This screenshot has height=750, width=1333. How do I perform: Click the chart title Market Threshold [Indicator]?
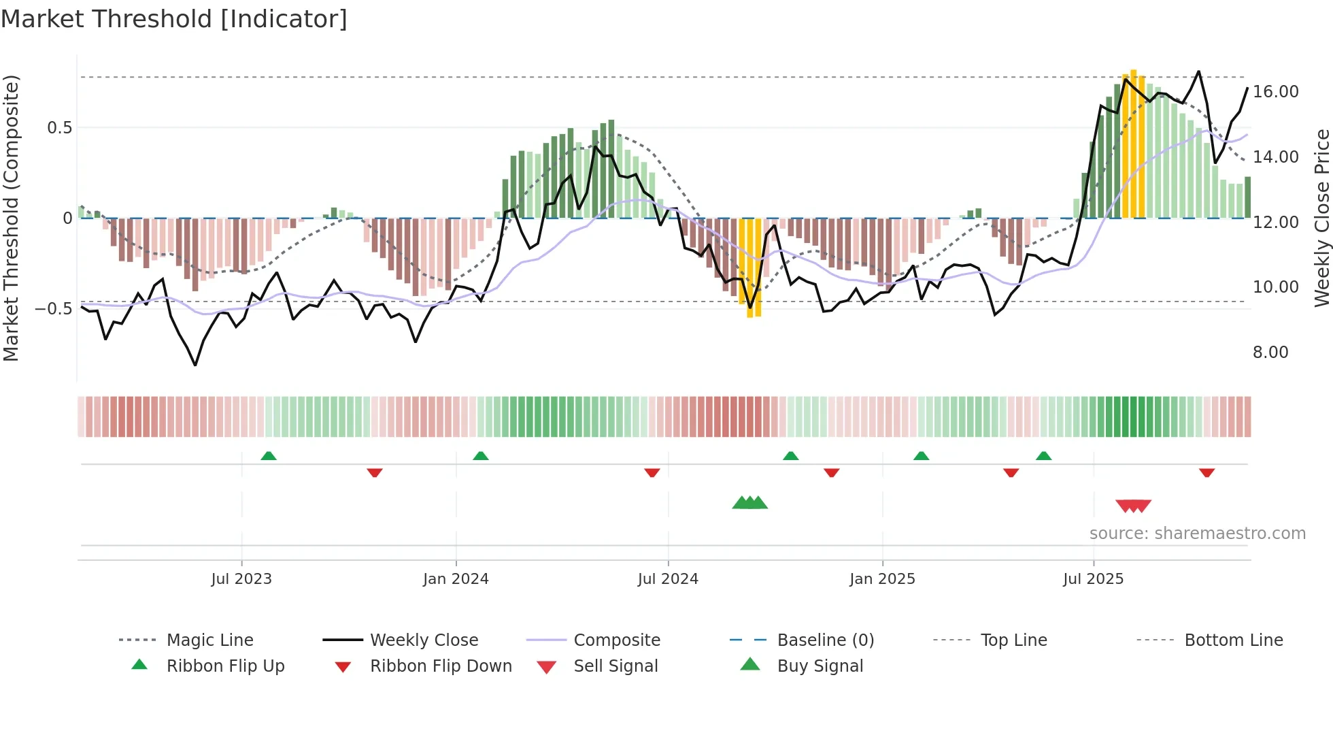pyautogui.click(x=174, y=19)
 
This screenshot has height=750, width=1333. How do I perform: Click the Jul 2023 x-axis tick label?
pyautogui.click(x=241, y=579)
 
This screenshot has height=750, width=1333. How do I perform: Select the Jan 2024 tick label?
pyautogui.click(x=456, y=579)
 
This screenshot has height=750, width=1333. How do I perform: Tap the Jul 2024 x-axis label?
pyautogui.click(x=668, y=579)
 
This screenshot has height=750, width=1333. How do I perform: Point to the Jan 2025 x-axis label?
pyautogui.click(x=882, y=579)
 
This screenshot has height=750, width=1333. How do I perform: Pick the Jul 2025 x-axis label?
pyautogui.click(x=1093, y=579)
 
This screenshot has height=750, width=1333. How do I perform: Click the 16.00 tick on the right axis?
pyautogui.click(x=1275, y=92)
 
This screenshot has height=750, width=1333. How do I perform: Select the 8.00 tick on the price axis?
pyautogui.click(x=1270, y=353)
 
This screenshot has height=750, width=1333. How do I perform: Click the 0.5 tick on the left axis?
pyautogui.click(x=59, y=128)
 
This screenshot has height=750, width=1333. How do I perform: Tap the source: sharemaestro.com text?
pyautogui.click(x=1197, y=534)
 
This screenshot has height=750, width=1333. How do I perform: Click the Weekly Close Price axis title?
pyautogui.click(x=1321, y=218)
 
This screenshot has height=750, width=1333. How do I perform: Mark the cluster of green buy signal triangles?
pyautogui.click(x=749, y=503)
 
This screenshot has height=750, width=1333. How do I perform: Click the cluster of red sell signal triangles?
pyautogui.click(x=1133, y=506)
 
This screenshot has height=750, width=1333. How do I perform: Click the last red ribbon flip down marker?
pyautogui.click(x=1207, y=472)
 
